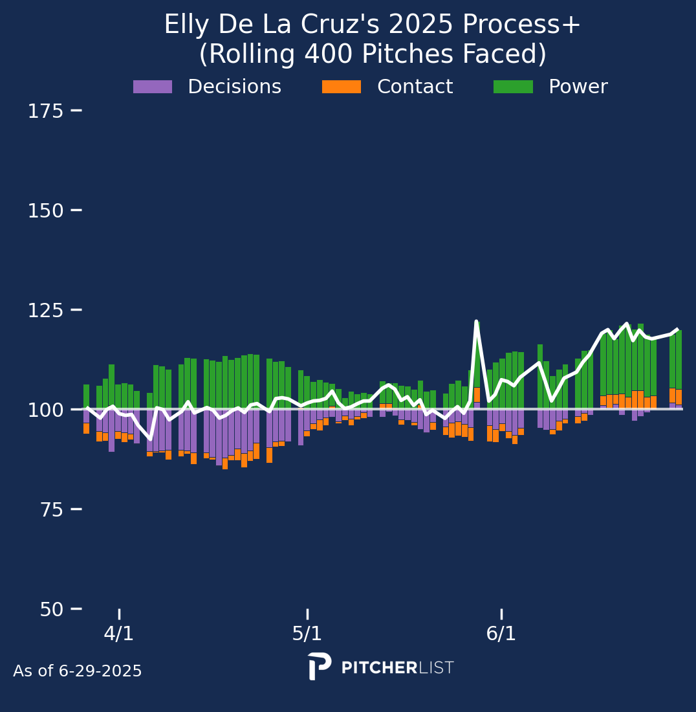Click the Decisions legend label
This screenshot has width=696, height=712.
(234, 87)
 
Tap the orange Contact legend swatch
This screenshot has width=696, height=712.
(342, 87)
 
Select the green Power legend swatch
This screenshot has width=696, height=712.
(513, 87)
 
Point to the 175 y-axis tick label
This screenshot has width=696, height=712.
(45, 111)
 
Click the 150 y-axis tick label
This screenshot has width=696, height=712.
(45, 211)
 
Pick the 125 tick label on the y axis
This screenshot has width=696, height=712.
(45, 311)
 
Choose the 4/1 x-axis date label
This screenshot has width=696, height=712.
(119, 634)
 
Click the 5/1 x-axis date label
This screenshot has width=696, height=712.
(307, 634)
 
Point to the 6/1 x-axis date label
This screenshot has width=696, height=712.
(501, 634)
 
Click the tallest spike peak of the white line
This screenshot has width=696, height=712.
(476, 322)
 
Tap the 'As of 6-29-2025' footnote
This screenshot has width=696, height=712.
(78, 671)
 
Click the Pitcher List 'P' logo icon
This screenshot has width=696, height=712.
(319, 666)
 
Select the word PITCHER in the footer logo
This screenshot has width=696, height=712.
(379, 668)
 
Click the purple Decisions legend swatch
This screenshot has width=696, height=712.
(153, 87)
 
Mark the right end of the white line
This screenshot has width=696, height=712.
(677, 329)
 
